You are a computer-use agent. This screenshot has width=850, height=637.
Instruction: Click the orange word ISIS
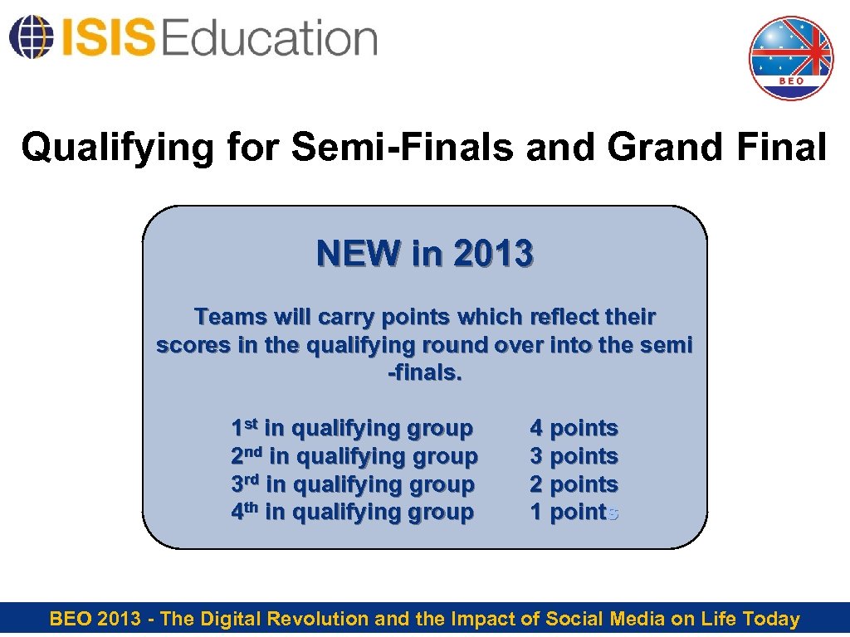[105, 37]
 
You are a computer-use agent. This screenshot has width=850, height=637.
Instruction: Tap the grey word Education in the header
[270, 37]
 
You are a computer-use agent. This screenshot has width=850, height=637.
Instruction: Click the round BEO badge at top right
[790, 58]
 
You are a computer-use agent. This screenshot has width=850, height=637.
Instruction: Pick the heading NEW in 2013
[424, 254]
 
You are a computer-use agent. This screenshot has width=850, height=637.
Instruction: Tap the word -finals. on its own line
[424, 372]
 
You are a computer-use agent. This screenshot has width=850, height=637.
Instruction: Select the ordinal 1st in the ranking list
[245, 428]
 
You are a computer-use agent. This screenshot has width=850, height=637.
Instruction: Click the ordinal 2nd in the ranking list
[247, 456]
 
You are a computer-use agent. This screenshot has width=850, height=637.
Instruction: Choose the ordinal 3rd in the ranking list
[247, 484]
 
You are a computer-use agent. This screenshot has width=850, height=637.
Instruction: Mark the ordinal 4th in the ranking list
[246, 513]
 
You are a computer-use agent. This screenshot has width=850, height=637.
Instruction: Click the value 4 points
[574, 428]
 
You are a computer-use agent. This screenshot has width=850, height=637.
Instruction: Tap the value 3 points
[574, 456]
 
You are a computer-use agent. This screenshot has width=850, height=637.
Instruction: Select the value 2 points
[574, 484]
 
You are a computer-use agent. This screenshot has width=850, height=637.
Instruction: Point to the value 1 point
[570, 513]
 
